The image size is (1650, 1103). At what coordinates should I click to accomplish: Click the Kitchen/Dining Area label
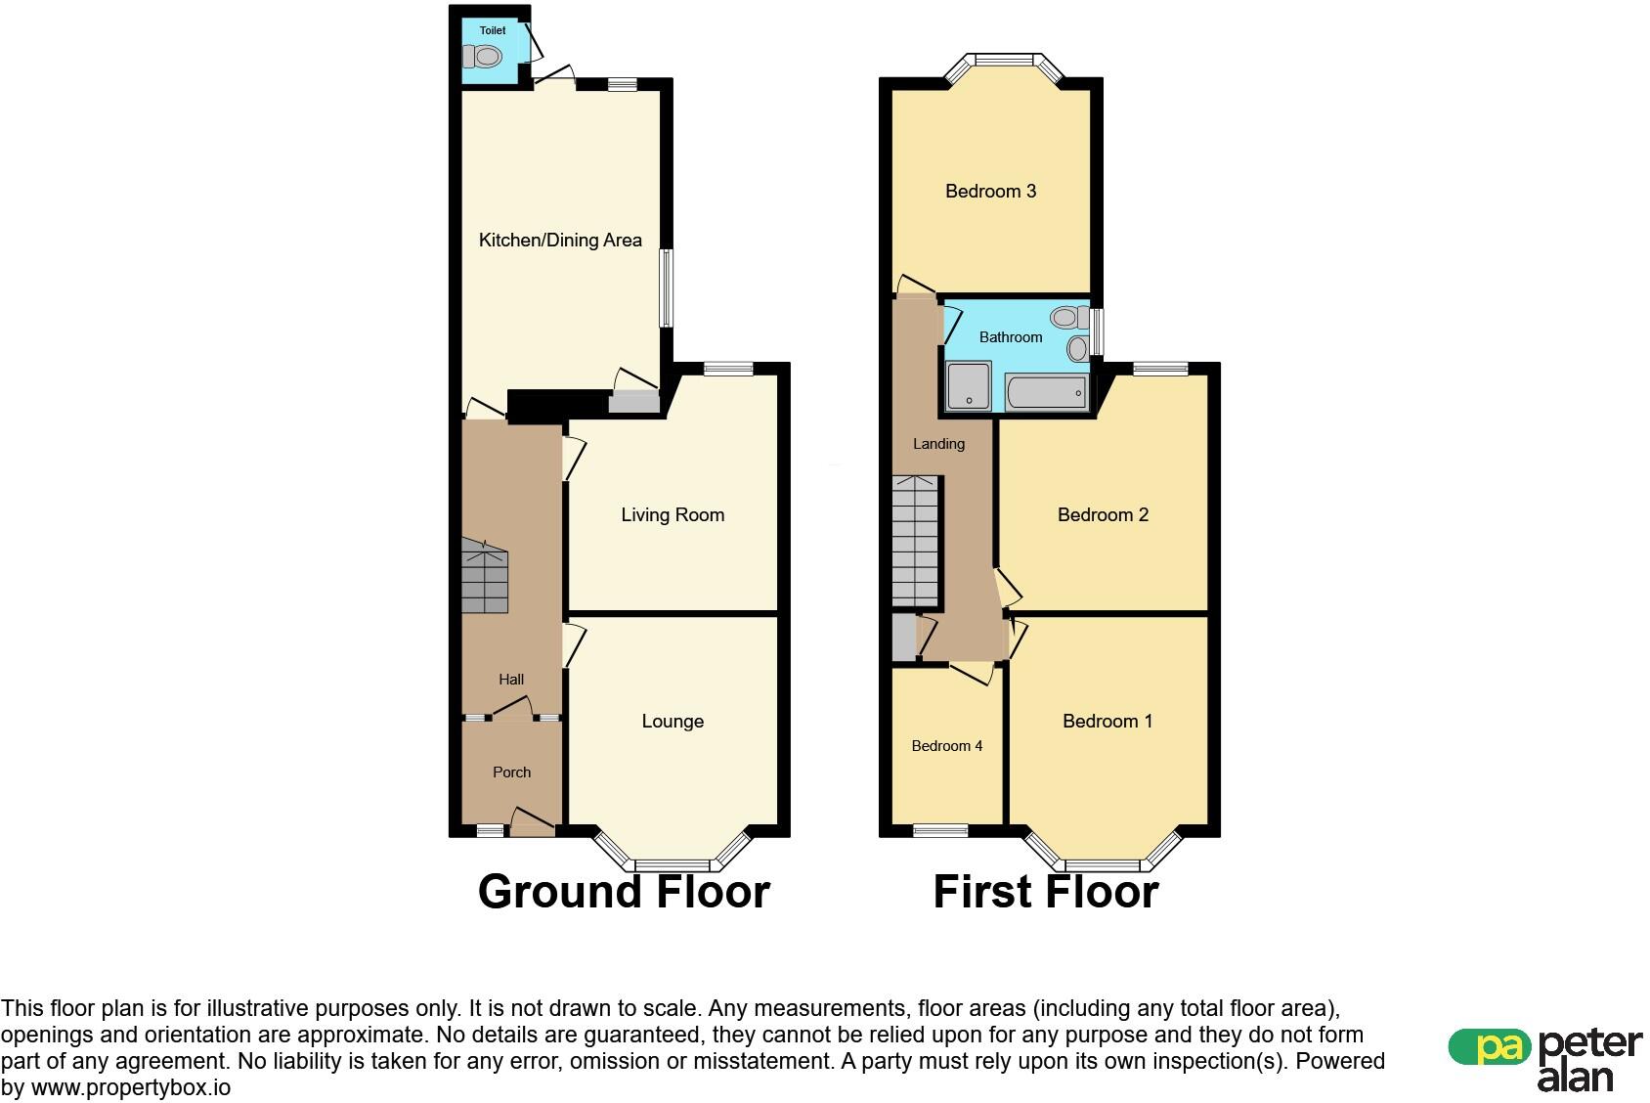coord(560,241)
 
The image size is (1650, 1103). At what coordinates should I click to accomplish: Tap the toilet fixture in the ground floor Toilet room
coord(483,58)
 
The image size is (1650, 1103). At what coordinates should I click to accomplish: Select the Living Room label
coord(673,515)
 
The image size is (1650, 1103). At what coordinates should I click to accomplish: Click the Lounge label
coord(673,722)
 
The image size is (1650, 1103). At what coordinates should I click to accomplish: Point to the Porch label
coord(511,772)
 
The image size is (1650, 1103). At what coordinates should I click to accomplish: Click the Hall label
coord(511,680)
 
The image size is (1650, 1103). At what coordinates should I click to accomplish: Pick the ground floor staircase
coord(485,578)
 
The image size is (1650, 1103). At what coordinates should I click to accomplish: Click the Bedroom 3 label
coord(990,192)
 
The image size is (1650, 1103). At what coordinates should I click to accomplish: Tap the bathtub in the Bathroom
coord(1045,393)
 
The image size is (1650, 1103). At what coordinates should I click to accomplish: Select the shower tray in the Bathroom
coord(968,385)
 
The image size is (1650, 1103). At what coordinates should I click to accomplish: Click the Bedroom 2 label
coord(1103,515)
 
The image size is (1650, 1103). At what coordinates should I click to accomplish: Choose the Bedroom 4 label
coord(946,746)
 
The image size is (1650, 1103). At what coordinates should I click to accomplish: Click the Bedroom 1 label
coord(1107,722)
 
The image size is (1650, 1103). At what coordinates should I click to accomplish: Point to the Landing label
coord(938,444)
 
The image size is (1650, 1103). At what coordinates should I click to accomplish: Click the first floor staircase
coord(916,541)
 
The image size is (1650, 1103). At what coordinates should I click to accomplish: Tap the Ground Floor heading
coord(624,892)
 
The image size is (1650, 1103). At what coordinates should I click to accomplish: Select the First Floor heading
coord(1046,892)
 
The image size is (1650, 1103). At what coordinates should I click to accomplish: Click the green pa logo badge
coord(1489,1047)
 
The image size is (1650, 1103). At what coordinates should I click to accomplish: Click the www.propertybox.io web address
coord(131,1087)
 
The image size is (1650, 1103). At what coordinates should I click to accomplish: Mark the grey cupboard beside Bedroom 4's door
coord(903,637)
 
